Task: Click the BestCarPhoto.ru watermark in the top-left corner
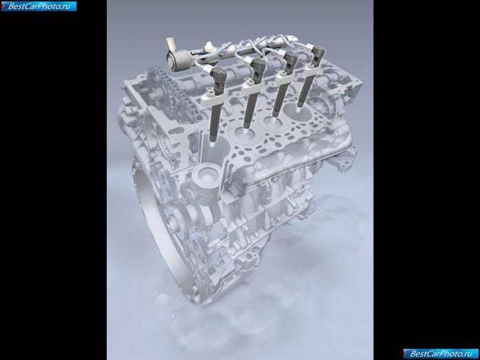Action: pyautogui.click(x=39, y=6)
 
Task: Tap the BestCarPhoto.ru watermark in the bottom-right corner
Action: pyautogui.click(x=441, y=354)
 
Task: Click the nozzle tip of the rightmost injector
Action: pyautogui.click(x=300, y=105)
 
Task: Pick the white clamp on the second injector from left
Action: pyautogui.click(x=251, y=89)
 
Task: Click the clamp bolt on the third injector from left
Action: pyautogui.click(x=283, y=74)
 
